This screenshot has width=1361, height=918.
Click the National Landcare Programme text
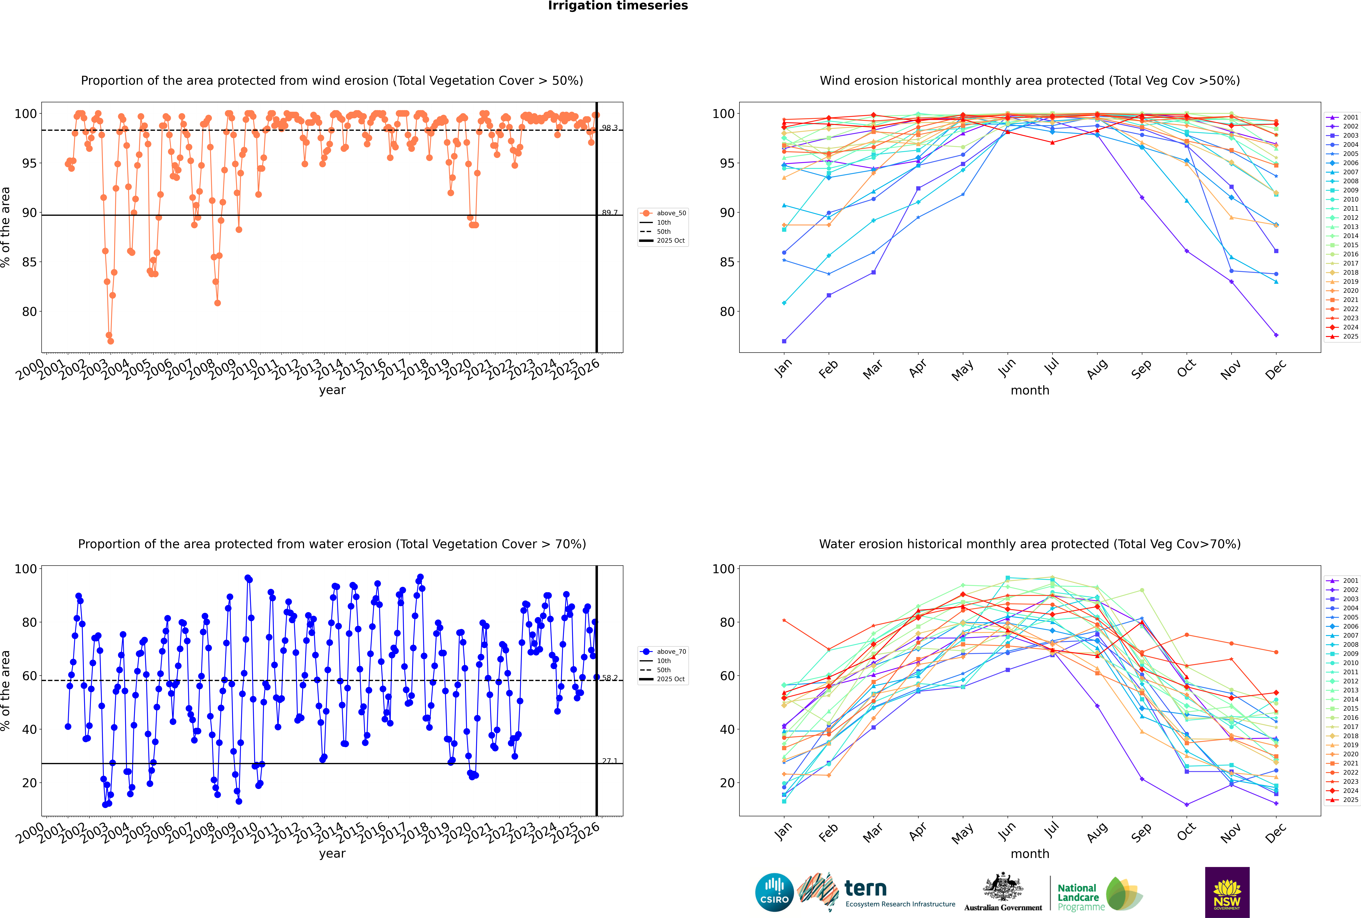(1078, 897)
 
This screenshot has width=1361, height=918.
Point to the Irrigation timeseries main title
(618, 6)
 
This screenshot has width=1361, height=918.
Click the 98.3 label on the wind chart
(610, 128)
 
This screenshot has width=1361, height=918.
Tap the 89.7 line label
(610, 213)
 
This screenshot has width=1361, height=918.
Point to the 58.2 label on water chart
(610, 678)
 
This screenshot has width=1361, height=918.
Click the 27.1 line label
(610, 761)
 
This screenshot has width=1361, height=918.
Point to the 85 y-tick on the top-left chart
(29, 262)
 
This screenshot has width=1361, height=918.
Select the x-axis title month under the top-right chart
(1030, 391)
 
